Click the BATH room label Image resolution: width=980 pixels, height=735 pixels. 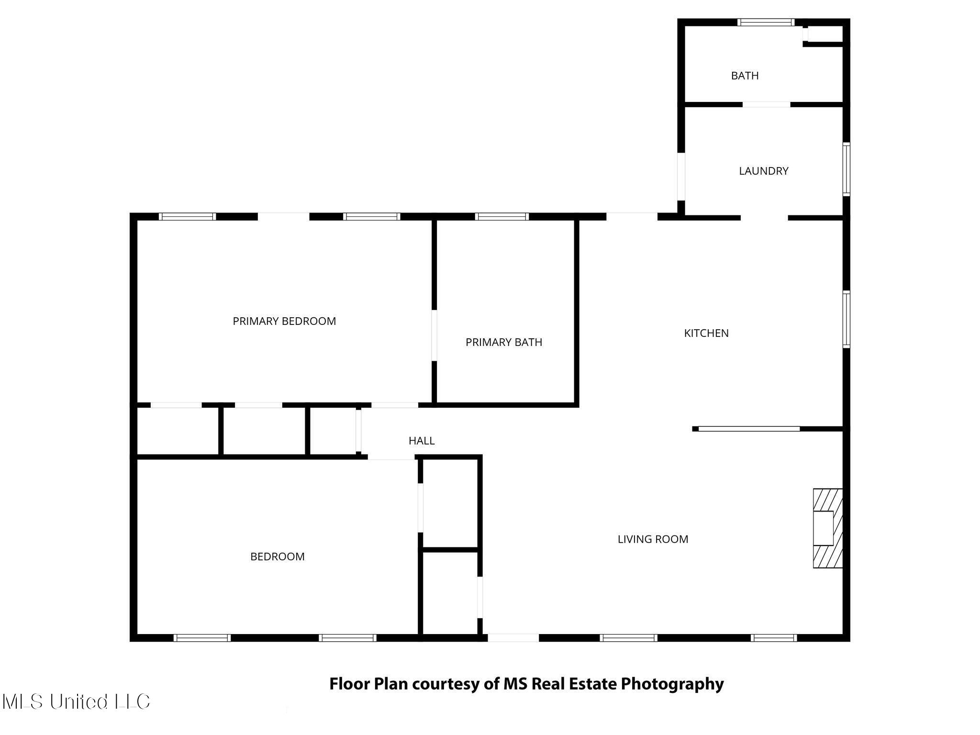click(x=745, y=76)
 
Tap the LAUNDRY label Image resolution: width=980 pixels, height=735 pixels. click(x=763, y=171)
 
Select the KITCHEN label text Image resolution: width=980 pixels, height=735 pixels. click(x=706, y=333)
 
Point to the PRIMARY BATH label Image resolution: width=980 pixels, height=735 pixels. click(x=503, y=342)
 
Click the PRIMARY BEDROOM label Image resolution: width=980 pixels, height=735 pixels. click(x=284, y=321)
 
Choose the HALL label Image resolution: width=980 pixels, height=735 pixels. click(x=421, y=441)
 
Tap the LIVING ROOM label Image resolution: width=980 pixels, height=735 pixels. click(x=653, y=539)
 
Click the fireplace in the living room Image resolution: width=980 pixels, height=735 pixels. click(x=827, y=528)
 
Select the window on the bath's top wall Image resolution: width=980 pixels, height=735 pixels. click(x=766, y=22)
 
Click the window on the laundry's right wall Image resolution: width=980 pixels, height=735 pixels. click(x=846, y=169)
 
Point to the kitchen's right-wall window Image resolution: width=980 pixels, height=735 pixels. click(x=846, y=319)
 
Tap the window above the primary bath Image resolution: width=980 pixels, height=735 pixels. click(x=501, y=217)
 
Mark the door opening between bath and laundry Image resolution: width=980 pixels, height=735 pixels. click(x=766, y=104)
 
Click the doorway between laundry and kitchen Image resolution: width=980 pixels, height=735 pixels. click(x=764, y=218)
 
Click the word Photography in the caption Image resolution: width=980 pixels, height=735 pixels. click(x=672, y=684)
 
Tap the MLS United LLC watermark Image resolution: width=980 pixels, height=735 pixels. click(x=76, y=702)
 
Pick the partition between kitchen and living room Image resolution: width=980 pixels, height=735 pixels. click(x=748, y=429)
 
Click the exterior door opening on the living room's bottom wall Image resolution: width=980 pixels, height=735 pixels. click(x=513, y=637)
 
